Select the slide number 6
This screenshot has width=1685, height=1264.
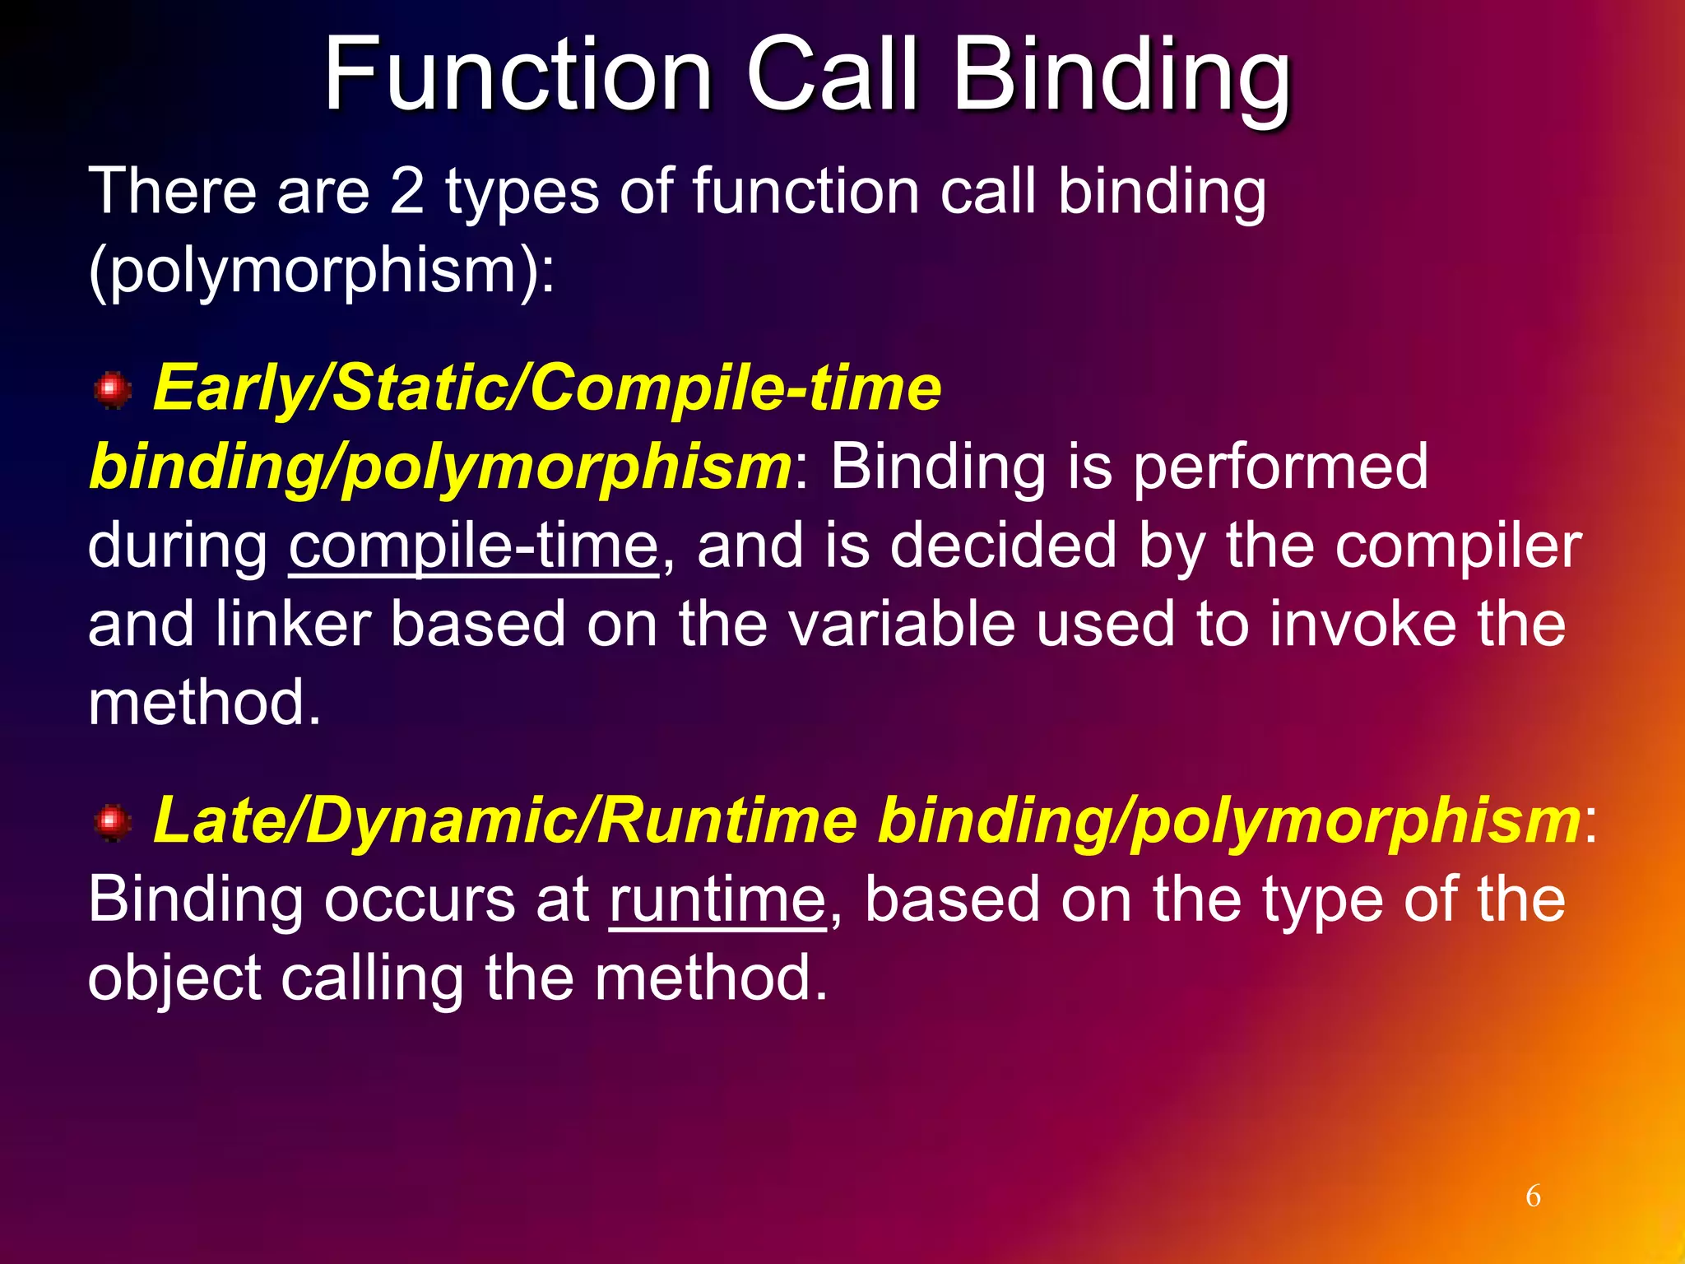point(1533,1196)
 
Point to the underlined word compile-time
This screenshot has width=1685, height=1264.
point(474,546)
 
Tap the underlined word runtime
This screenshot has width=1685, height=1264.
point(717,899)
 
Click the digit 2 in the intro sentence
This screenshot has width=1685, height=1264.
point(406,192)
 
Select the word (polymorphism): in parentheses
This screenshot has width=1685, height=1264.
point(321,270)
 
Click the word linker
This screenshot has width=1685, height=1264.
point(293,625)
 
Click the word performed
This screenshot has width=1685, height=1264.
point(1280,467)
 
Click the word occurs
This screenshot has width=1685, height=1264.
point(419,899)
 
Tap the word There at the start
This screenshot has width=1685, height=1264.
point(172,192)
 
